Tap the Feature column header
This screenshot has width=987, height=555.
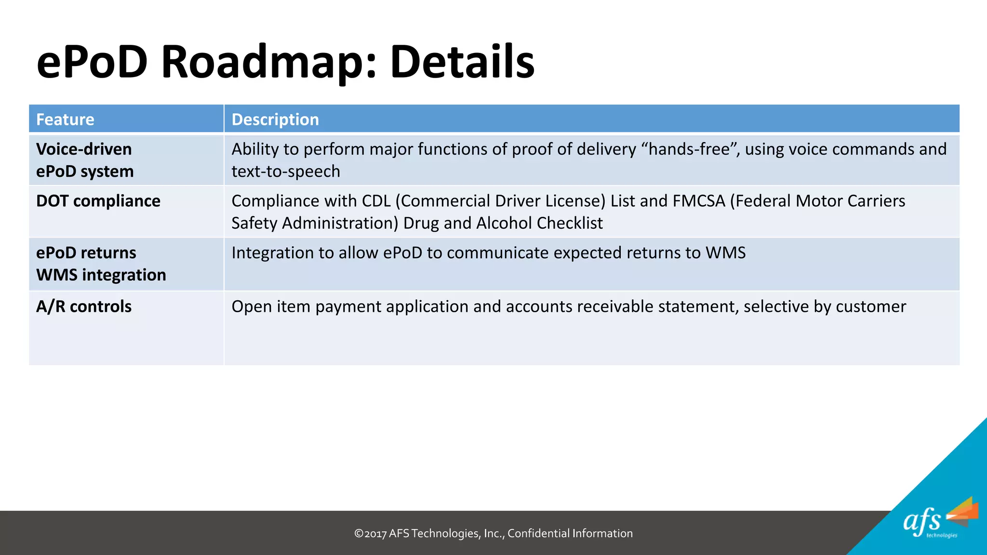65,119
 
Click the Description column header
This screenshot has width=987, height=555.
275,119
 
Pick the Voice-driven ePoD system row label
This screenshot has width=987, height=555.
84,160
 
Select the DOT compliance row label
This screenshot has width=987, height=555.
98,201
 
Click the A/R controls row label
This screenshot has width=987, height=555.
83,306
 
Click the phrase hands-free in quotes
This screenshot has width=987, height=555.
689,149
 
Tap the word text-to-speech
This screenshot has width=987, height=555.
285,172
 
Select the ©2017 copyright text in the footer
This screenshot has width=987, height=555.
370,533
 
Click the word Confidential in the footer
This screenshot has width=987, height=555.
538,533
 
